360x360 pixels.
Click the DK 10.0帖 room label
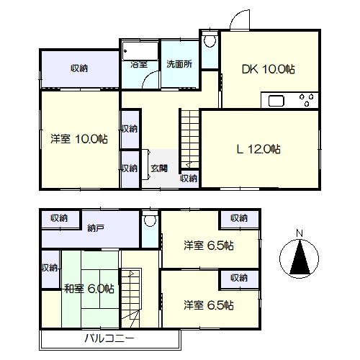[269, 69]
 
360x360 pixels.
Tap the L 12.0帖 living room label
[258, 149]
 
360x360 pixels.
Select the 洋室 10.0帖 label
[79, 139]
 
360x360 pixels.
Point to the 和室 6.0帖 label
[89, 289]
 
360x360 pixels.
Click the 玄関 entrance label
[159, 168]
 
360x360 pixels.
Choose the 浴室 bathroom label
[139, 64]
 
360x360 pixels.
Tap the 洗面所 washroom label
[179, 64]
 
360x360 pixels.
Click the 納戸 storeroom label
[96, 228]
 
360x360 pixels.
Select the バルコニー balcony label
[109, 338]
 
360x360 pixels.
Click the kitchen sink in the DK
[276, 101]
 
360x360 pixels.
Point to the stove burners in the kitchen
[306, 99]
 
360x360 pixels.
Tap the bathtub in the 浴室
[140, 51]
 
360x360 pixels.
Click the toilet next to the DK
[210, 40]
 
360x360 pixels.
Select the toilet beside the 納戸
[150, 220]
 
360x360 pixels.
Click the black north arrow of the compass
[300, 257]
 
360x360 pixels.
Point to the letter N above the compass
[300, 233]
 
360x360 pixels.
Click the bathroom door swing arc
[149, 76]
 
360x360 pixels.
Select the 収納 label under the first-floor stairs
[189, 179]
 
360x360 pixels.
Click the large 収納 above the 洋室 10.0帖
[80, 69]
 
